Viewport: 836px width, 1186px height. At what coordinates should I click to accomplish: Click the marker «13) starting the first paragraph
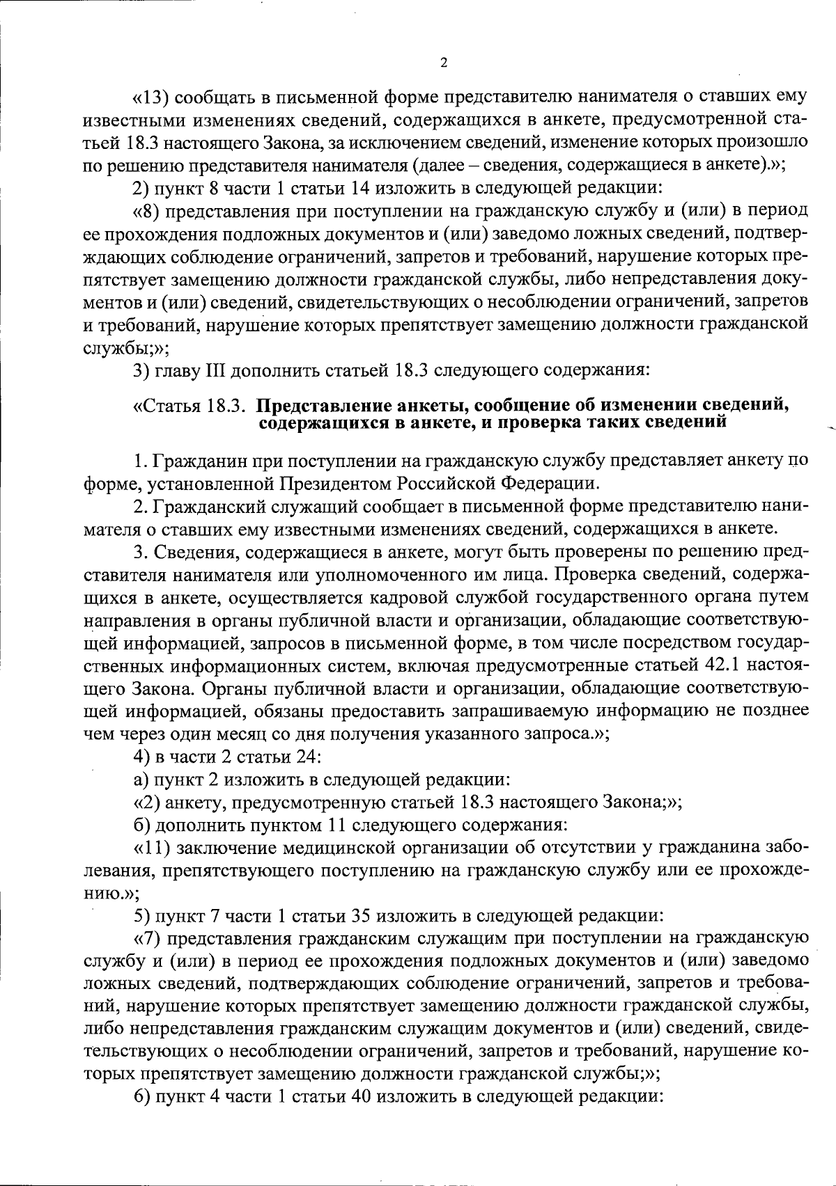tap(150, 95)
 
